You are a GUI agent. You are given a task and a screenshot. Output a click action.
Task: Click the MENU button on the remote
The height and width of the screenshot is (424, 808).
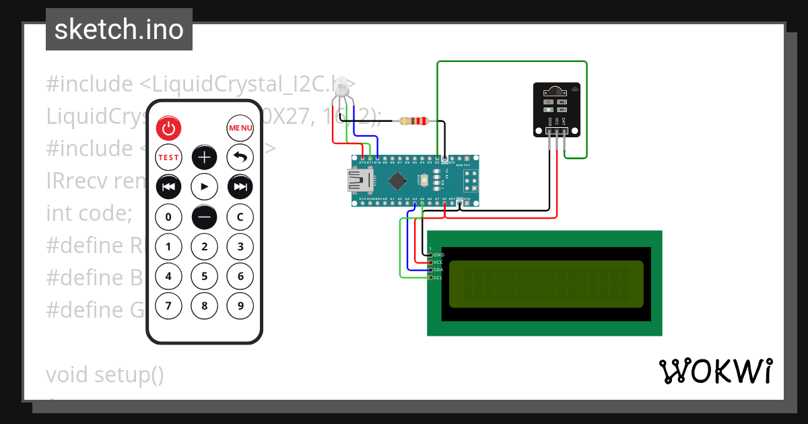tap(240, 128)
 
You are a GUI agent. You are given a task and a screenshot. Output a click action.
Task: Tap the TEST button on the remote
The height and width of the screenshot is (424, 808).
tap(168, 157)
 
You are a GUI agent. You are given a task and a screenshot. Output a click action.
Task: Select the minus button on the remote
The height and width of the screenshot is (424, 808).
tap(204, 217)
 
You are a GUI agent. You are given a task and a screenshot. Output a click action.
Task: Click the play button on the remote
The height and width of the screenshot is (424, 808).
tap(204, 186)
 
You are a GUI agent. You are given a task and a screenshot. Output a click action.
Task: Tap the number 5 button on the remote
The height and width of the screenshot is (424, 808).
tap(204, 276)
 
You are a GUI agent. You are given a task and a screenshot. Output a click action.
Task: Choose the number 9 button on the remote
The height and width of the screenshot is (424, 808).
tap(240, 306)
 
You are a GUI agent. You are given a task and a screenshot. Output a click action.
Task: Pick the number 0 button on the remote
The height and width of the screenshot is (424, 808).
tap(168, 217)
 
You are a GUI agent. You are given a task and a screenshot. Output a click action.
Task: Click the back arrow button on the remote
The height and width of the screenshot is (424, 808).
tap(240, 157)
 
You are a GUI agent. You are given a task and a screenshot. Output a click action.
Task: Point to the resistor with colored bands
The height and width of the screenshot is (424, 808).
tap(413, 121)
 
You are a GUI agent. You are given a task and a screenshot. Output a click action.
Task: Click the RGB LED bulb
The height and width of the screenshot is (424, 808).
tap(342, 87)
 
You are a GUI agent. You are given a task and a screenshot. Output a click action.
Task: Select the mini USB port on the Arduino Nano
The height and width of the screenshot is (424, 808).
tap(357, 180)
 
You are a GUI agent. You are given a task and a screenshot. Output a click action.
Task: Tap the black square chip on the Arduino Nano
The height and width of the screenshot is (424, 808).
tap(398, 180)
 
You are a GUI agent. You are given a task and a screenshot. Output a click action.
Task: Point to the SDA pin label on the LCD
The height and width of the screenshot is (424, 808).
tap(438, 270)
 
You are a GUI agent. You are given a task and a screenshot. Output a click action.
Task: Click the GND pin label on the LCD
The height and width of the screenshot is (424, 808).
tap(439, 255)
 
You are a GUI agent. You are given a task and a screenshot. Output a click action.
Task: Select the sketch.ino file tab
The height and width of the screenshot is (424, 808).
tap(119, 30)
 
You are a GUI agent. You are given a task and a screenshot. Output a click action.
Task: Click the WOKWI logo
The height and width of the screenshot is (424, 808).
tap(715, 371)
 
